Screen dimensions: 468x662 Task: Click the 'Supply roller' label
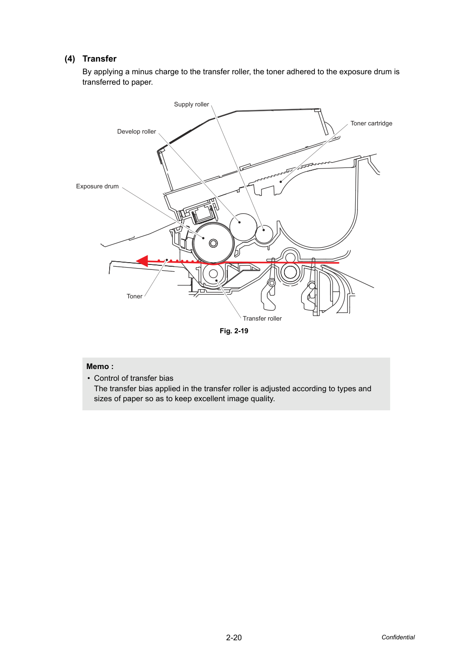coord(191,104)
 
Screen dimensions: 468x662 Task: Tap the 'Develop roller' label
coord(136,131)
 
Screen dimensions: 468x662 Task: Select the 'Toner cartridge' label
coord(372,123)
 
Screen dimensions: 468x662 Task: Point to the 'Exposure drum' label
coord(97,186)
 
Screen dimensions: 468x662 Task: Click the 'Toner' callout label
coord(135,296)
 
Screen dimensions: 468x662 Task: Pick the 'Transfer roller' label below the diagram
coord(262,318)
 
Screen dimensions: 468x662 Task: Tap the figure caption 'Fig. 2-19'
coord(234,331)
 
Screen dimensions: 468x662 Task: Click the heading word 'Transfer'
coord(99,58)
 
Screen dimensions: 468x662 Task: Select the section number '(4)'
coord(70,59)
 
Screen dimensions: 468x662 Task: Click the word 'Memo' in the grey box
coord(97,366)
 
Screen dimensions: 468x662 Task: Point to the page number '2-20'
coord(234,638)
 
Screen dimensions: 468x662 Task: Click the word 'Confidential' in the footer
coord(398,637)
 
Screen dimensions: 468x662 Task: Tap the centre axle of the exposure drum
coord(213,243)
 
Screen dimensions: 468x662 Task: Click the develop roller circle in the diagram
coord(243,227)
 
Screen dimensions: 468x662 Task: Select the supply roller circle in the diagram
coord(264,234)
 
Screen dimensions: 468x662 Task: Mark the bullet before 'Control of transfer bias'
coord(88,378)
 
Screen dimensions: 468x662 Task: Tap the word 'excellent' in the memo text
coord(222,398)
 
